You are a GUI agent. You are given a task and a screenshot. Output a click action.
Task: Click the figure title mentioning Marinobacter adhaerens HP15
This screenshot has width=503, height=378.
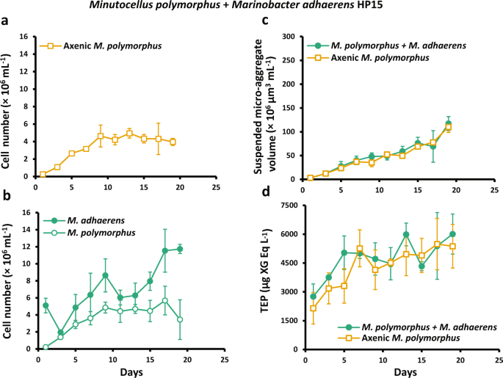(251, 6)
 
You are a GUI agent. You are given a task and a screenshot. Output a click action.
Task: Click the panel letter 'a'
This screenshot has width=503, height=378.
(6, 21)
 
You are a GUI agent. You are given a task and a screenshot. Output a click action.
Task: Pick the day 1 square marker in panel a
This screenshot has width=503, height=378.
(43, 174)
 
